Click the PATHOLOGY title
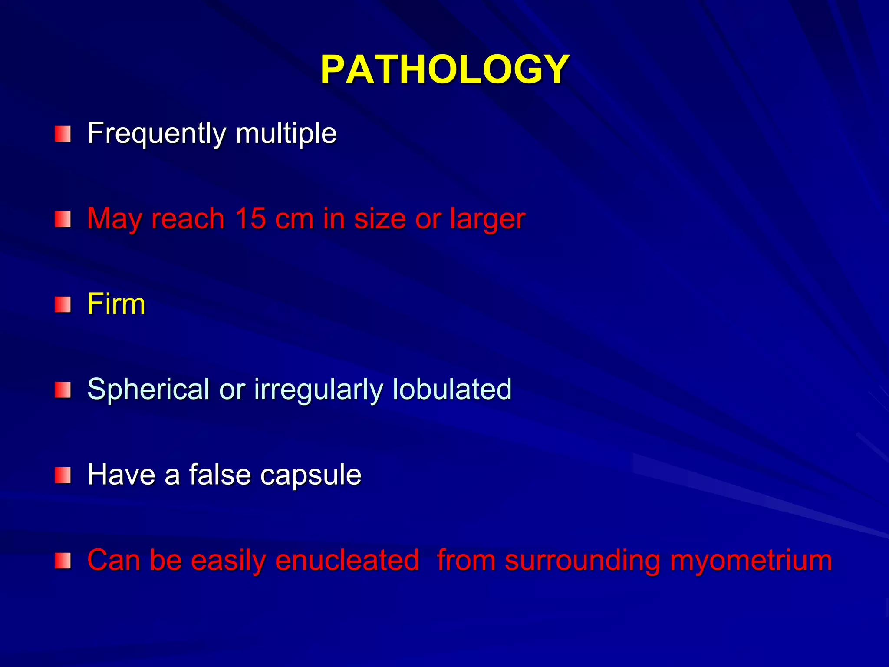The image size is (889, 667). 444,69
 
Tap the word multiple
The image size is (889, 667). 286,133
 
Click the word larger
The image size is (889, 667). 487,219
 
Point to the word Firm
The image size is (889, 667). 116,304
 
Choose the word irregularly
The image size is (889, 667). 319,389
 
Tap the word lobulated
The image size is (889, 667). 452,389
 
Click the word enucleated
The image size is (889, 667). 347,560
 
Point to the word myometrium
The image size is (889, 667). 751,561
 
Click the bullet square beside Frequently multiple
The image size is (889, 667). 63,134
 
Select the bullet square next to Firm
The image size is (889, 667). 63,305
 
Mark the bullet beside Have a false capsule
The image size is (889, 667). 63,475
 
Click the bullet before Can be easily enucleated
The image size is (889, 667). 63,561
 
